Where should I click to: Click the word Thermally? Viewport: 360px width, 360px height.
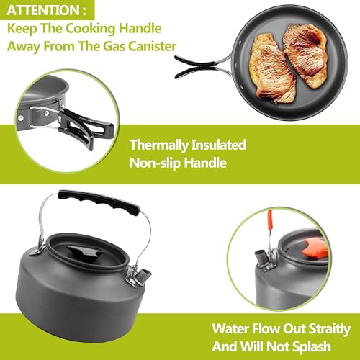163,145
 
